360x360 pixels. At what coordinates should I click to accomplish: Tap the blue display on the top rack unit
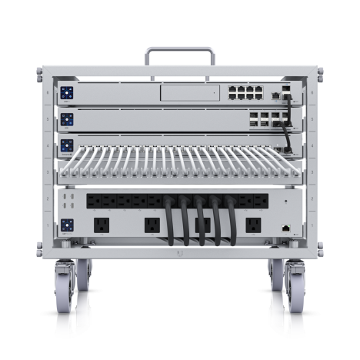pyautogui.click(x=68, y=93)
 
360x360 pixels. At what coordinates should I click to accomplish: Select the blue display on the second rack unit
pyautogui.click(x=68, y=119)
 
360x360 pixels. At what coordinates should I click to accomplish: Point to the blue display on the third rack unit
pyautogui.click(x=68, y=144)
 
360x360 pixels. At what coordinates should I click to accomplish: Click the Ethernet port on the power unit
pyautogui.click(x=286, y=228)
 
